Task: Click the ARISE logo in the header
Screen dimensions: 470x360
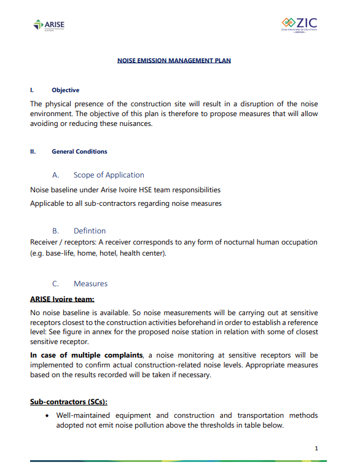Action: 49,25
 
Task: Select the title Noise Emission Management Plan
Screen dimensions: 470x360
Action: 174,60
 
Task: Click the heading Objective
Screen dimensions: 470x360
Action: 65,90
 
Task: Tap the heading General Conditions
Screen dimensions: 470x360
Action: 79,151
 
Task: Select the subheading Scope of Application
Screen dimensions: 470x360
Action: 109,175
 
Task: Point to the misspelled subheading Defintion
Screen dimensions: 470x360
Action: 90,231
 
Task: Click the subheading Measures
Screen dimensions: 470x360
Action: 90,284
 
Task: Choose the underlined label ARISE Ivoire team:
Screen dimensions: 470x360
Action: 62,299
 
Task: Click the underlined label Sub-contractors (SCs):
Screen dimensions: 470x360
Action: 69,402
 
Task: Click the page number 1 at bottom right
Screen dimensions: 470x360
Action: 316,448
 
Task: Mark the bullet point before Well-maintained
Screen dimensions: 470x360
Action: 48,416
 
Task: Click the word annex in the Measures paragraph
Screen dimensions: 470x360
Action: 137,332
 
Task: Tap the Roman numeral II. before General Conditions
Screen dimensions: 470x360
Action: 34,151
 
